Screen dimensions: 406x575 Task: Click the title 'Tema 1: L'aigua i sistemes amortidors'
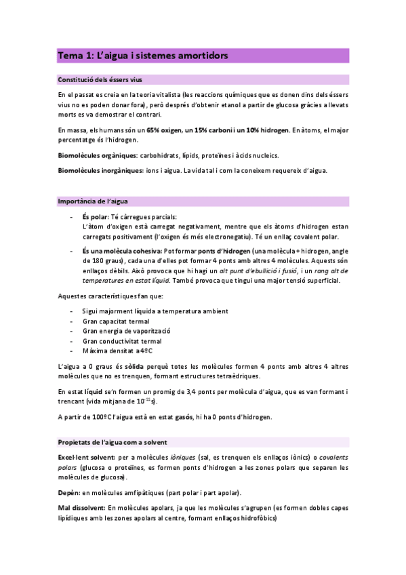click(142, 55)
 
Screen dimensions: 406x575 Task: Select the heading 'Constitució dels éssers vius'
click(100, 80)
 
